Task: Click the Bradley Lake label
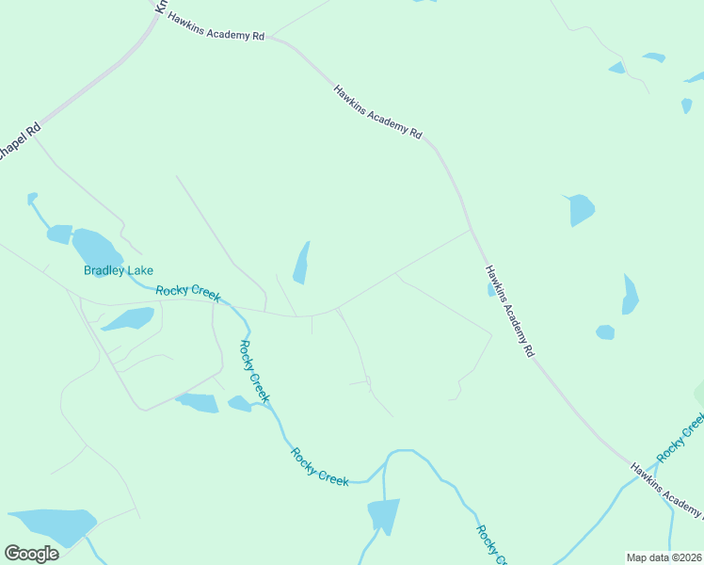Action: (x=118, y=270)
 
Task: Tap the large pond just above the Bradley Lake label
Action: (x=97, y=250)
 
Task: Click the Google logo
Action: (x=31, y=554)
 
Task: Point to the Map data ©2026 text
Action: (x=664, y=557)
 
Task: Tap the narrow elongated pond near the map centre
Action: (x=301, y=263)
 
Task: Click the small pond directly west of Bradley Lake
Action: (x=59, y=234)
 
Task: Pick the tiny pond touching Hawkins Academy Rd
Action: (x=491, y=290)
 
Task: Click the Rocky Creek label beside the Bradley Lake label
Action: (x=188, y=293)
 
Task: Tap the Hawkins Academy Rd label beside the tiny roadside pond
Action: (x=510, y=310)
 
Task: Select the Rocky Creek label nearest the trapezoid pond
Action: (x=319, y=466)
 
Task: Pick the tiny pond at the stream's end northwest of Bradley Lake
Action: (x=32, y=198)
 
